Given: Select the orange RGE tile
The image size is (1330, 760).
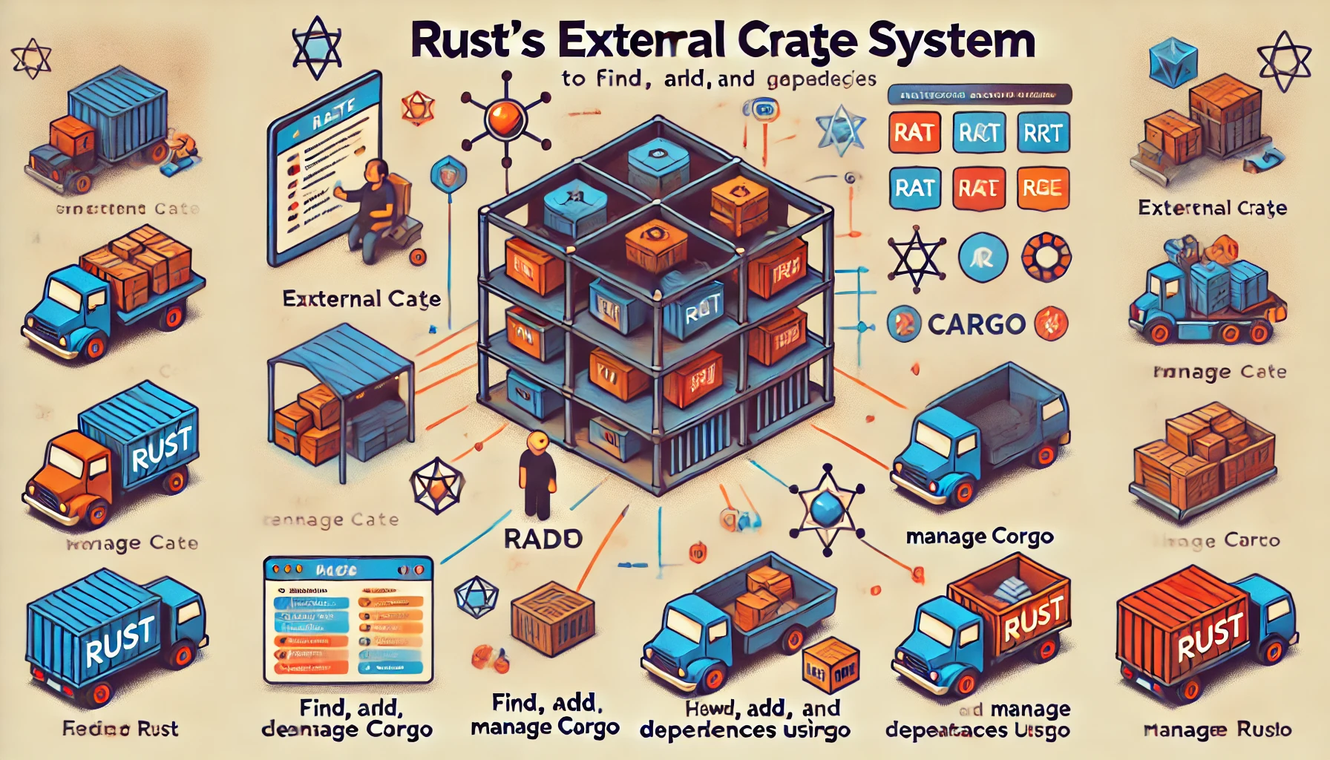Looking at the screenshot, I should pos(1042,188).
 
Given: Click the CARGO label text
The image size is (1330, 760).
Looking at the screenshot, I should pos(976,324).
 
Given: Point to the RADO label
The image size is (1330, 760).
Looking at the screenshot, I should pos(543,539).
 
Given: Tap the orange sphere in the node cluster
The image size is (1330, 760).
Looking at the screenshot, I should pos(505,119).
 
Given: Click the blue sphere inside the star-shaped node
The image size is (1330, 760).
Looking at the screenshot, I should pos(826,509).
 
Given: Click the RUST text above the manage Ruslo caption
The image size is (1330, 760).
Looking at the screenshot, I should pos(1211,637).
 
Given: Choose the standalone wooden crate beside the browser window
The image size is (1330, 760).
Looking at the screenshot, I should pos(553,618).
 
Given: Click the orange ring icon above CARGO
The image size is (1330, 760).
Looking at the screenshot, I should pos(1046,257).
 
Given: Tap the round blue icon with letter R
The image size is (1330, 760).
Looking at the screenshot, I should pos(982,258).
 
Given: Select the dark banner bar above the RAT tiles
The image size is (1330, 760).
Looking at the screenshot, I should pos(979,94).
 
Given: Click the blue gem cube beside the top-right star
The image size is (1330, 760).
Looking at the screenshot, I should pos(1173,62).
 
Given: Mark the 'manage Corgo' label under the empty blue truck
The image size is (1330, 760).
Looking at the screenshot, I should pos(979,537).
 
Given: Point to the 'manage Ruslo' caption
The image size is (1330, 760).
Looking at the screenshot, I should pos(1216,730).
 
